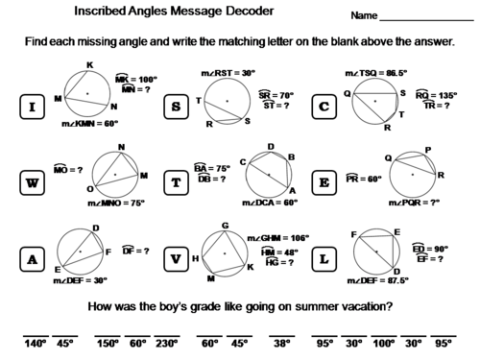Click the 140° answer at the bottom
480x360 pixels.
click(x=36, y=342)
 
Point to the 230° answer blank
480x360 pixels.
click(x=168, y=342)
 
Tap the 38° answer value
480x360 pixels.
click(x=279, y=342)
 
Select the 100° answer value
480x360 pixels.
click(x=384, y=342)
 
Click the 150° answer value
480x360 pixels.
click(x=107, y=342)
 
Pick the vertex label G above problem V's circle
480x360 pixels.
click(x=224, y=225)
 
